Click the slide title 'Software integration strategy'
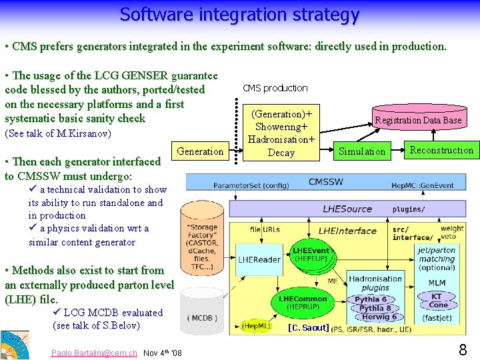(239, 14)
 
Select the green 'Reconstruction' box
(441, 150)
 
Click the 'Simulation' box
(362, 151)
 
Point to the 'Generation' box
(200, 151)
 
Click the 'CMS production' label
(275, 88)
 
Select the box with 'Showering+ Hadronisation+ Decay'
(281, 133)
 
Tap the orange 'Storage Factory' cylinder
(202, 243)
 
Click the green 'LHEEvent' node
(310, 253)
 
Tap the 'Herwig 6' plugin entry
(376, 317)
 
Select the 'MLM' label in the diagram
(437, 283)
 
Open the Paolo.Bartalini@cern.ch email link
(94, 353)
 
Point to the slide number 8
(463, 349)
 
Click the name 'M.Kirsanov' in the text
(85, 133)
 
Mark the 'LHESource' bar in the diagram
(347, 209)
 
